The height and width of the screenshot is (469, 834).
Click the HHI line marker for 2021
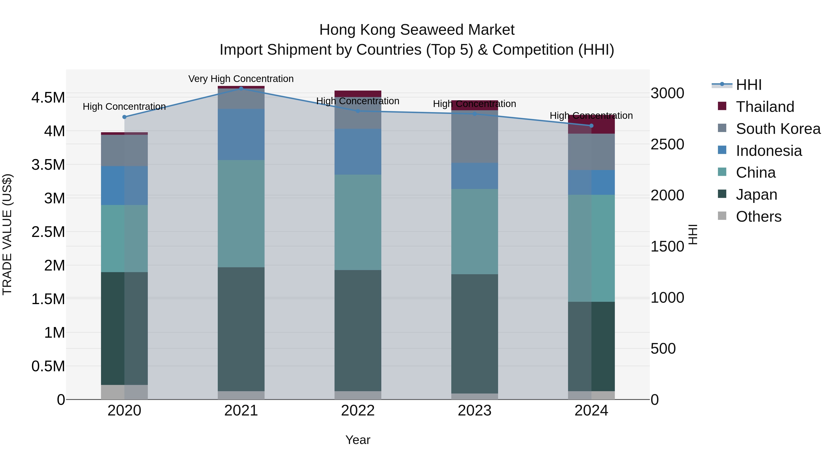pyautogui.click(x=241, y=88)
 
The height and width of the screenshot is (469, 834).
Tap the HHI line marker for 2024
pyautogui.click(x=591, y=126)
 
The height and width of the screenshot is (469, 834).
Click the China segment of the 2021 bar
pyautogui.click(x=241, y=213)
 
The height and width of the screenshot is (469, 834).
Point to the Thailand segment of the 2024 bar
pyautogui.click(x=591, y=125)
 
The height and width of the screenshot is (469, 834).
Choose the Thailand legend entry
pyautogui.click(x=765, y=107)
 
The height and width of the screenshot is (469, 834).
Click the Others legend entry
pyautogui.click(x=758, y=216)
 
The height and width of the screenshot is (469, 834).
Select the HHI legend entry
pyautogui.click(x=749, y=85)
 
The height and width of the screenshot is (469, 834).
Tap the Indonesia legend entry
pyautogui.click(x=769, y=151)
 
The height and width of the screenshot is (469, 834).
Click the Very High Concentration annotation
pyautogui.click(x=241, y=79)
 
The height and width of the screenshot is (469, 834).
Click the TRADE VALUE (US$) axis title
pyautogui.click(x=7, y=234)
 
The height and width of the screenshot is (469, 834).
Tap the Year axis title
pyautogui.click(x=358, y=440)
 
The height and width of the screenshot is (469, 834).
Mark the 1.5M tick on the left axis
pyautogui.click(x=48, y=299)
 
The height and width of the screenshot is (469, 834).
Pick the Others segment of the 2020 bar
pyautogui.click(x=124, y=392)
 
